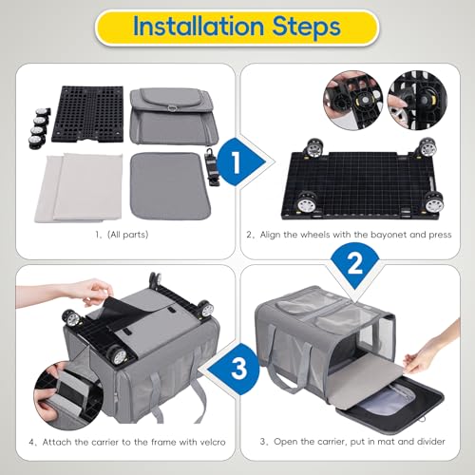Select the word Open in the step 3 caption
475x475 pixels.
286,442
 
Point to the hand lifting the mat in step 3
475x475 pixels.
418,355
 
